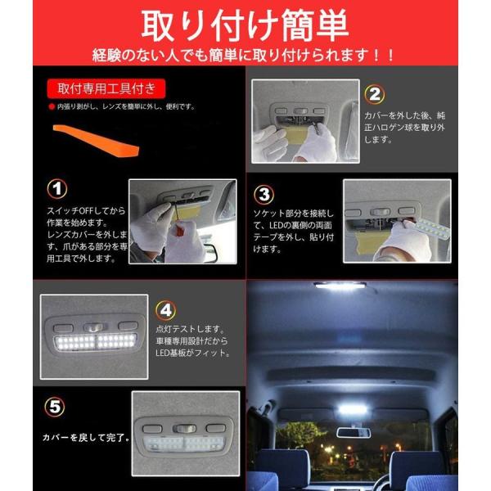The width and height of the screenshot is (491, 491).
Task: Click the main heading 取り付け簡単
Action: coord(245,25)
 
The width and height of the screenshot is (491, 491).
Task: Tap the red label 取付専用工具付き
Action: coord(106,88)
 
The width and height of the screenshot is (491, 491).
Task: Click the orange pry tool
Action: coord(96,141)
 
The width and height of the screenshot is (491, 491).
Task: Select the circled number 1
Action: coord(57,189)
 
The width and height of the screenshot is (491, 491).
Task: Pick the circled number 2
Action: coord(375,94)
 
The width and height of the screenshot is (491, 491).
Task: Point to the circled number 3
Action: coord(264,195)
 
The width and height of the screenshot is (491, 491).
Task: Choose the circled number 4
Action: coord(165,310)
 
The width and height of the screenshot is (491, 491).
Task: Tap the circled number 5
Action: coord(55,407)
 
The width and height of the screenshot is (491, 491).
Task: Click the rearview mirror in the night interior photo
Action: coord(354,432)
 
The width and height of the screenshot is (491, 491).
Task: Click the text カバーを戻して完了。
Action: coord(86,437)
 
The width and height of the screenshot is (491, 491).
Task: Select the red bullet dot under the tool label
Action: coord(52,106)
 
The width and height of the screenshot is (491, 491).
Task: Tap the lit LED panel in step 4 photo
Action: coord(96,341)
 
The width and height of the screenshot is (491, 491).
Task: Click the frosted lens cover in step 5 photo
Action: coord(183,444)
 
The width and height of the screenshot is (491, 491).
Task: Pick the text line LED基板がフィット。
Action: coord(193,353)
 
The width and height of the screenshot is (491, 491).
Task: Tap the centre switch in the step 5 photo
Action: coord(184,428)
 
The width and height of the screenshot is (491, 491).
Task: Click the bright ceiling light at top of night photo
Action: coord(340,286)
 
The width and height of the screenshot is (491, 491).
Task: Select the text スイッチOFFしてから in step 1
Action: coord(86,211)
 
